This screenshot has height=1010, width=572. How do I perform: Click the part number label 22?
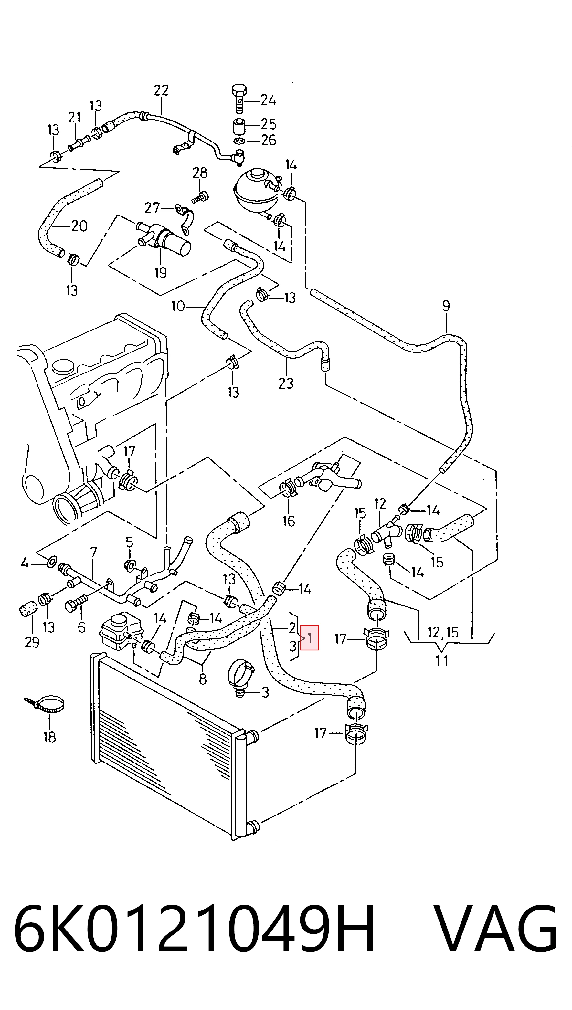(x=161, y=91)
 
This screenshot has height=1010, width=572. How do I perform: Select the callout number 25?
(x=269, y=124)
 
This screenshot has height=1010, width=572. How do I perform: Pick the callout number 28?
(x=200, y=173)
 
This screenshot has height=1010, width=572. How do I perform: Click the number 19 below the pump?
(x=161, y=272)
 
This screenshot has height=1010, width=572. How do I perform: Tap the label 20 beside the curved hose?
(x=79, y=226)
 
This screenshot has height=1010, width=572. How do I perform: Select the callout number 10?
(x=178, y=306)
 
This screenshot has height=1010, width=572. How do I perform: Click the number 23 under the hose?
(x=286, y=383)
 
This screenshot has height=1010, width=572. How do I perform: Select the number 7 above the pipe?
(x=93, y=552)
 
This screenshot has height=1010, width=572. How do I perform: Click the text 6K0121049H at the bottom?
(x=194, y=930)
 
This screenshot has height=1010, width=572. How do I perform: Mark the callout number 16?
(x=289, y=521)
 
